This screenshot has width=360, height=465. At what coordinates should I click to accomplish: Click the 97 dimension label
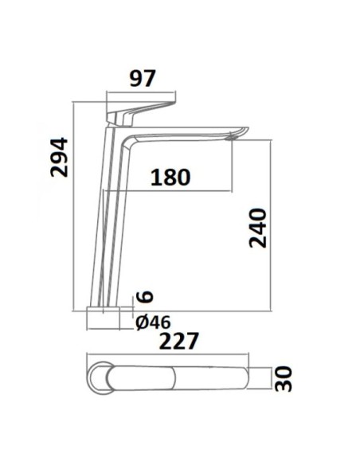pyautogui.click(x=143, y=79)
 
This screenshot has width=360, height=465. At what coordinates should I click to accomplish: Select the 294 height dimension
pyautogui.click(x=59, y=157)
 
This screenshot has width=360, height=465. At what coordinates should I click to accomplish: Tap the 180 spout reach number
pyautogui.click(x=170, y=178)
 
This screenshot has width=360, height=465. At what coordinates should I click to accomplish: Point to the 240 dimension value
pyautogui.click(x=258, y=228)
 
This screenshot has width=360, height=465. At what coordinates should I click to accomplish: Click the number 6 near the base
pyautogui.click(x=144, y=296)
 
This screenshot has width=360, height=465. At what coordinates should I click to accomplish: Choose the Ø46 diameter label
pyautogui.click(x=153, y=322)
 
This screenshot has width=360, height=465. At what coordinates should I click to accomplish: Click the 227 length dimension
pyautogui.click(x=178, y=342)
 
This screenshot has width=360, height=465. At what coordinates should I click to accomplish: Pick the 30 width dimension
pyautogui.click(x=284, y=379)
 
